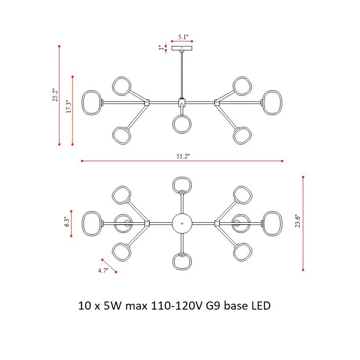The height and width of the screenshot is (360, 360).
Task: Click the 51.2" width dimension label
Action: coord(183,156)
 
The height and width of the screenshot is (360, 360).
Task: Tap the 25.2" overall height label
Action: coord(55,95)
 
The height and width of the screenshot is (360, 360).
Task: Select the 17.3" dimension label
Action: coord(69,106)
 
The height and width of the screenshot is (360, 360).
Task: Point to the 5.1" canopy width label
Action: coord(183,37)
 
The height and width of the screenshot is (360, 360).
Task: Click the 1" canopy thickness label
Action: coord(161,48)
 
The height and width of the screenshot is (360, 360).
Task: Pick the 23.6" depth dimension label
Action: coord(297,221)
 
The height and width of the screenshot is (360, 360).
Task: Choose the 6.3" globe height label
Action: coord(67,221)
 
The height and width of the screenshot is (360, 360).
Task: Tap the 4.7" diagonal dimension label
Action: coord(103,270)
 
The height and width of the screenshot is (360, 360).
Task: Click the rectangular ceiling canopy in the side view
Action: coord(182,48)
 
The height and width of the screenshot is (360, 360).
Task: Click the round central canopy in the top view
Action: coord(182,223)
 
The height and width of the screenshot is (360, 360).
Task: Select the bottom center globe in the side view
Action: coord(182,124)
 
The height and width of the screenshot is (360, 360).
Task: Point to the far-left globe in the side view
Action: coord(92,103)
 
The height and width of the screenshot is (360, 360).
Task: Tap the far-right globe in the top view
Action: coord(272,224)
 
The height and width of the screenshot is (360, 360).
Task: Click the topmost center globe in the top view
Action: coord(182,185)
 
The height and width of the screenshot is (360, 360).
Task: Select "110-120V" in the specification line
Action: coord(176,306)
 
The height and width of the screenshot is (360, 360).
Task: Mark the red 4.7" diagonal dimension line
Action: coord(109,266)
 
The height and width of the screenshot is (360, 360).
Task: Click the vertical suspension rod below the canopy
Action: coord(182,75)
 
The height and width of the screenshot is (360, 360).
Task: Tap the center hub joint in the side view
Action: coord(182,103)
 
